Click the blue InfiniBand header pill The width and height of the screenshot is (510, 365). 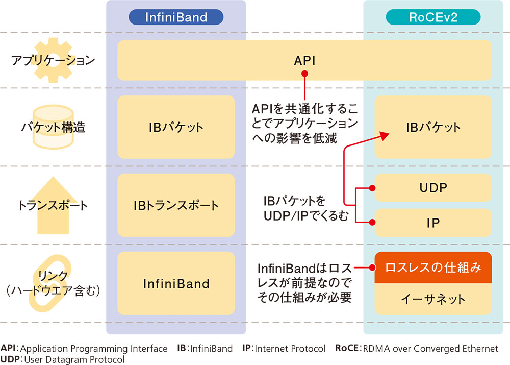[x=176, y=17]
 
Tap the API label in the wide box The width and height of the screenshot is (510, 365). [x=304, y=60]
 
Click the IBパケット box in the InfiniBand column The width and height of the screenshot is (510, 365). [x=176, y=127]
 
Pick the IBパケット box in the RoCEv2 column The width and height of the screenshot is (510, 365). [x=433, y=127]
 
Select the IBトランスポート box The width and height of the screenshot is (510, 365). [x=176, y=205]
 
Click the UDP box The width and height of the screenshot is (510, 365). [x=433, y=188]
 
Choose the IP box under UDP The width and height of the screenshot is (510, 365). [x=433, y=223]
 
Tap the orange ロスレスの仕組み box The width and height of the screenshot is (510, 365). [x=433, y=267]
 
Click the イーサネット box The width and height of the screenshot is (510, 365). [x=433, y=299]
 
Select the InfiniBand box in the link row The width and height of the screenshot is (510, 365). [x=176, y=283]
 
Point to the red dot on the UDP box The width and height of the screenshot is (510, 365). [x=372, y=188]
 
